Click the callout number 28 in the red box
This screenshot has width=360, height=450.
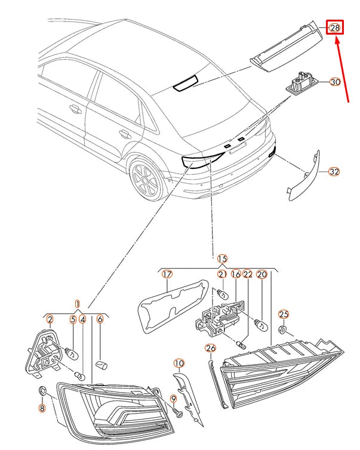pos(334,27)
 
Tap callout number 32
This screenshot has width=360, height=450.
pos(334,172)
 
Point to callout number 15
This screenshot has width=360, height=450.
pos(222,258)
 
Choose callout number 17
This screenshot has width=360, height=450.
pos(167,274)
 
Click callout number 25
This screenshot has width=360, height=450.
pos(284,314)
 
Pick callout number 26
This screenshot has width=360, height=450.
pos(210,349)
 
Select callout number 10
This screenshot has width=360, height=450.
pos(179,363)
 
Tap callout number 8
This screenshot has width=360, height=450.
pos(42,409)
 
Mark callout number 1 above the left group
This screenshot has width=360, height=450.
pos(77,303)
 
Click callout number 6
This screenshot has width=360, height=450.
pos(100,319)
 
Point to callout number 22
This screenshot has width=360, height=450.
pos(248,274)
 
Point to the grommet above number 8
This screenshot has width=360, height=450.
pos(42,392)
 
